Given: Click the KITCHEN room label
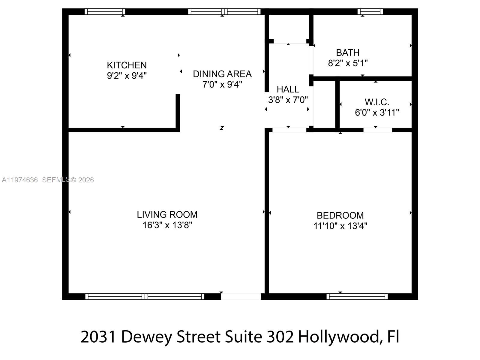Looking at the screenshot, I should (127, 65).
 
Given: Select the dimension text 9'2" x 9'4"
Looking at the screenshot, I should (127, 76).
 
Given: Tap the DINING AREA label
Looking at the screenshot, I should (222, 74).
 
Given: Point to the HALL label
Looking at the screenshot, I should (288, 89).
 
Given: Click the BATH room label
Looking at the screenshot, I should (347, 53).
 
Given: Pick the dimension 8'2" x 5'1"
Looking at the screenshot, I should (347, 63).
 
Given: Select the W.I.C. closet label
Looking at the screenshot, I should (377, 102).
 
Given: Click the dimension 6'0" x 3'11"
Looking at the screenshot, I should (377, 113).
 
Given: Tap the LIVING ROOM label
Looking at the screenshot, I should (167, 214).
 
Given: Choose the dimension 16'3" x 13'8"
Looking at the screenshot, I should (167, 225).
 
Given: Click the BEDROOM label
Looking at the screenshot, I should (340, 215).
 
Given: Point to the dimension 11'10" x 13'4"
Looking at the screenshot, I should (340, 226).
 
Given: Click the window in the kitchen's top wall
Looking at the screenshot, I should (105, 12).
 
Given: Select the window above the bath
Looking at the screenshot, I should (370, 12).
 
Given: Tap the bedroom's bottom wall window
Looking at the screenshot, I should (357, 296).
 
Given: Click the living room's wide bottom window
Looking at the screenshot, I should (145, 296).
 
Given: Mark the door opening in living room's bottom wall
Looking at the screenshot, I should (241, 296).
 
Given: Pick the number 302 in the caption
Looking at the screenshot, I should (280, 337).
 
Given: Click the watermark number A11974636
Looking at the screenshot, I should (20, 180).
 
